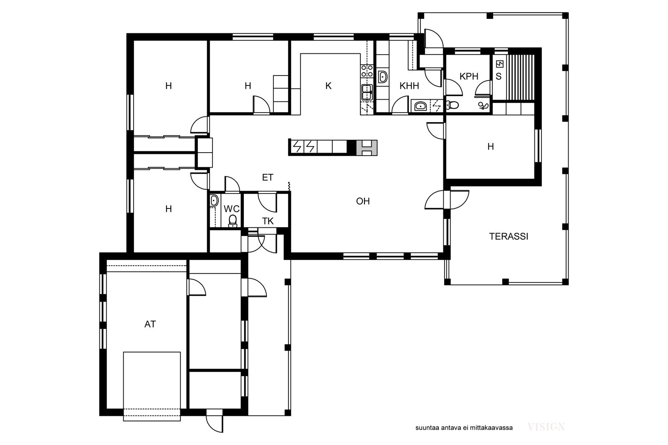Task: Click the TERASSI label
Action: coord(509,236)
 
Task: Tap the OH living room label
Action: coord(363,201)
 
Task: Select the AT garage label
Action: coord(150,324)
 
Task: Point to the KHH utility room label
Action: coord(409,86)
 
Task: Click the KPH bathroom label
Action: coord(469,77)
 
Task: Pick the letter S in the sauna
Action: coord(498,77)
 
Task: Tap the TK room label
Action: coord(268,221)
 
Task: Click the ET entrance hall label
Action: coord(268,178)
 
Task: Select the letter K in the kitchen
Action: coord(328,86)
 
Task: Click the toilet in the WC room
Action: coord(233,221)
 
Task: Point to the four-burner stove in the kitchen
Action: coord(367,71)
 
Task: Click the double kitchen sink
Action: coord(367,92)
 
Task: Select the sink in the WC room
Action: coord(214,201)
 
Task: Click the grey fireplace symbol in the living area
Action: coord(367,148)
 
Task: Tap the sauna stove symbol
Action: coord(499,64)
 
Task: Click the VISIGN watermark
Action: coord(546,427)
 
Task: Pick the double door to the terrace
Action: coord(447,200)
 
